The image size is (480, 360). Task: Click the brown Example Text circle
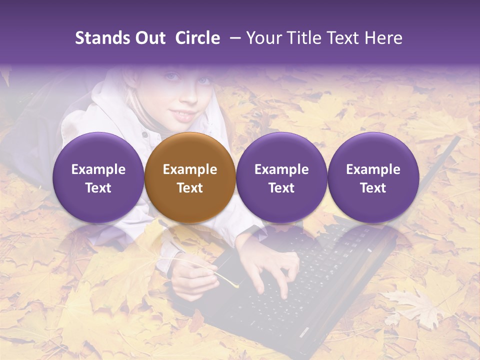coord(190,177)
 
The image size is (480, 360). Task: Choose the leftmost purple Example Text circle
coord(98,177)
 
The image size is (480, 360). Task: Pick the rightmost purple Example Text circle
coord(373,177)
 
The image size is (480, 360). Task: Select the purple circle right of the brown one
coord(281,177)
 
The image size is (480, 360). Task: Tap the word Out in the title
coord(149,38)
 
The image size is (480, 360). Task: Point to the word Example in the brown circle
coord(190,169)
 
